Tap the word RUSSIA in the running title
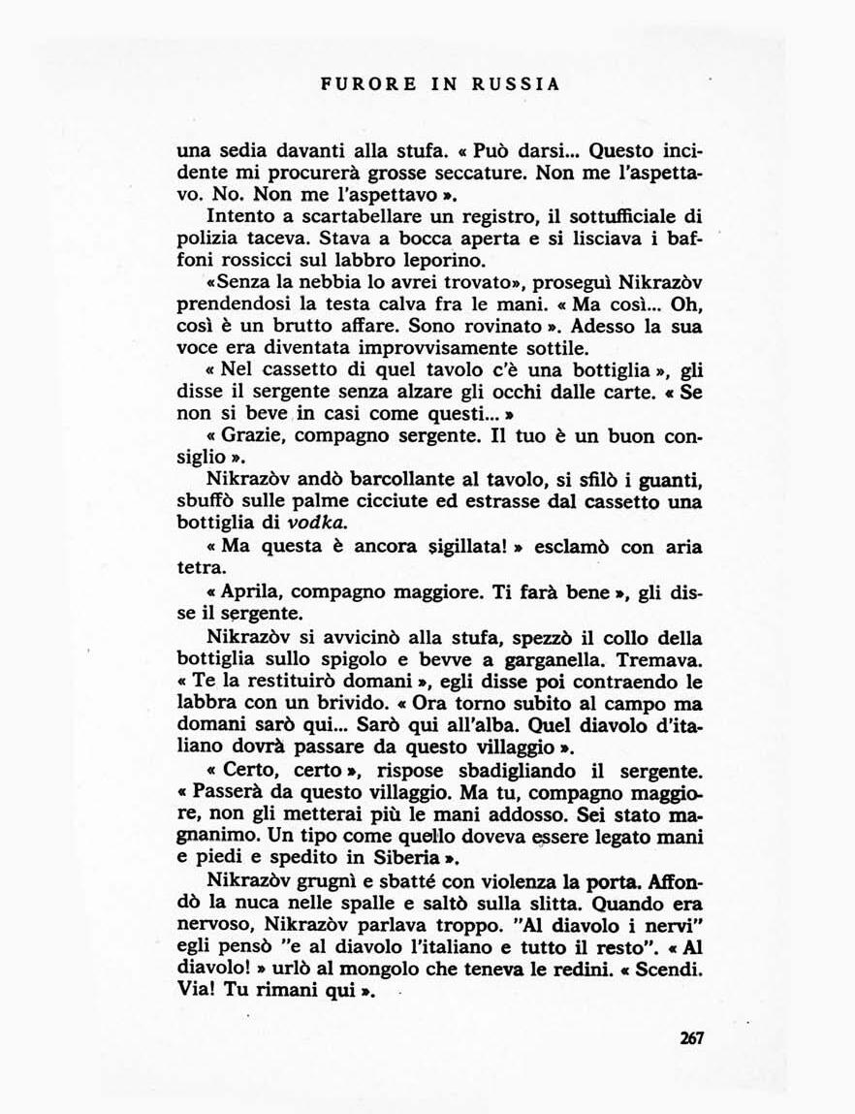coord(517,84)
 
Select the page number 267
coord(691,1037)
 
